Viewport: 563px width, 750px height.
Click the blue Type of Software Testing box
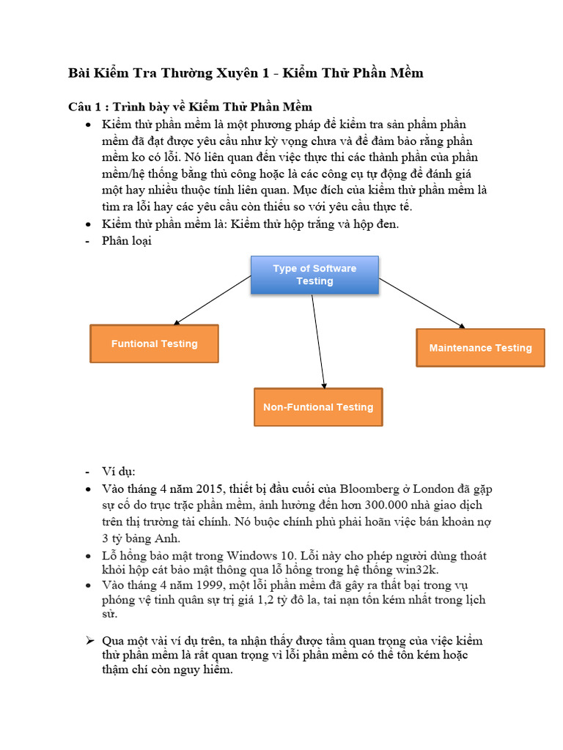point(314,275)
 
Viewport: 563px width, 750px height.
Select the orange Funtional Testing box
point(154,344)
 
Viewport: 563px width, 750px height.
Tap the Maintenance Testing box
point(480,348)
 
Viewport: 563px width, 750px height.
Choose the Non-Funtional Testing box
point(318,407)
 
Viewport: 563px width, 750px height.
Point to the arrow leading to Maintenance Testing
point(422,303)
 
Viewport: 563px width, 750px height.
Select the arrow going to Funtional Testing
point(213,300)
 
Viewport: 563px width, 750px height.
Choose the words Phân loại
point(127,240)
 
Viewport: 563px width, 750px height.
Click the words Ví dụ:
point(119,471)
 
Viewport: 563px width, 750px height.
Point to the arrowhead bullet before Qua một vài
point(89,641)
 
